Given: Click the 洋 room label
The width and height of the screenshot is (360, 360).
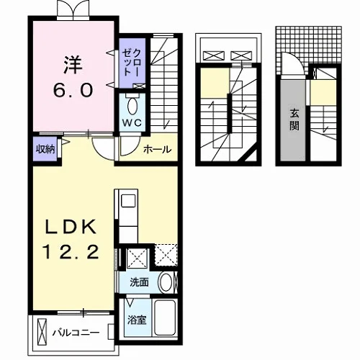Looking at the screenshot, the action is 73,65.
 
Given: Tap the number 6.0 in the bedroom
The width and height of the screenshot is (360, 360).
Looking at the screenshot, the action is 73,90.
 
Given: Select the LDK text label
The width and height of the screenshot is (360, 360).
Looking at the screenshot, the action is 71,226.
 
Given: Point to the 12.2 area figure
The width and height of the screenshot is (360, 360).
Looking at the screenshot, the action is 71,251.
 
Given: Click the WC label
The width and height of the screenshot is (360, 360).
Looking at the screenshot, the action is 132,122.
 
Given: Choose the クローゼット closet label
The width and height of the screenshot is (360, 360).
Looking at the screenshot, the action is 132,62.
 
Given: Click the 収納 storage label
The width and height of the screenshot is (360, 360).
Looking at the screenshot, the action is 45,149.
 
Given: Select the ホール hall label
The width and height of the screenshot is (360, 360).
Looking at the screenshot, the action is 158,149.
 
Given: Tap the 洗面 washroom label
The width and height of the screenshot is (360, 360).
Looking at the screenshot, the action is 139,282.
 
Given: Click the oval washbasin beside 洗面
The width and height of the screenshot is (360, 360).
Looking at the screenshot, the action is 166,282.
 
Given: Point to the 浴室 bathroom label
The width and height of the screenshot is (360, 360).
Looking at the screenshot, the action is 137,320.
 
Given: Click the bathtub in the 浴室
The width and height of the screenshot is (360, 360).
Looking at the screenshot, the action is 165,318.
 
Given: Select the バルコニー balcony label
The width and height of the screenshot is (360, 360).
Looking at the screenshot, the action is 76,333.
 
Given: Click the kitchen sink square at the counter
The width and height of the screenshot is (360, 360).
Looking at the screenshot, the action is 129,201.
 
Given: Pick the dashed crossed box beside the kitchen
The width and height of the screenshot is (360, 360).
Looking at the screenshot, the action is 166,255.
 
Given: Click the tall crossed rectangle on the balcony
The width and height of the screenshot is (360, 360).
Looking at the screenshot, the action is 42,332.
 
